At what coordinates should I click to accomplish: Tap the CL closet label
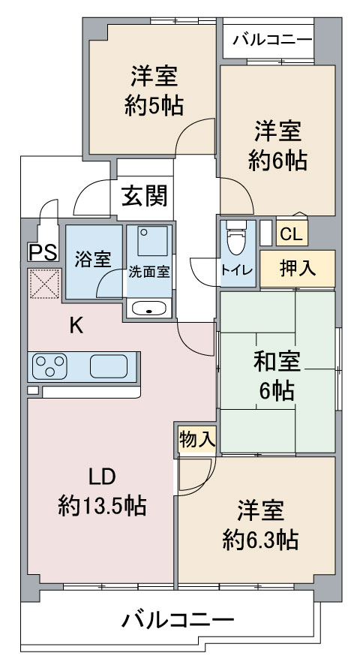[x=292, y=234]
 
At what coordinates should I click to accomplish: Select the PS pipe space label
[x=43, y=252]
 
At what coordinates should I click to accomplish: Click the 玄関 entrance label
[x=145, y=196]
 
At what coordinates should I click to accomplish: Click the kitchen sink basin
[x=109, y=366]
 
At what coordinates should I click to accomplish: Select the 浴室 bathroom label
[x=93, y=259]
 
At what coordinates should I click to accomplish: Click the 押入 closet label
[x=298, y=268]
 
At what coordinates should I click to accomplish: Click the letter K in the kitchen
[x=76, y=326]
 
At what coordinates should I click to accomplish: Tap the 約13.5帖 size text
[x=102, y=506]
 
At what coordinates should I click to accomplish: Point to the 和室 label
[x=277, y=362]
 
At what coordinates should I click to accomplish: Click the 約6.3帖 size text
[x=259, y=540]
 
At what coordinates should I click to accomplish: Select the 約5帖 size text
[x=154, y=106]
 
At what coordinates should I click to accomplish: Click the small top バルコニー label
[x=272, y=41]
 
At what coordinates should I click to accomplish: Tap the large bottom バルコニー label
[x=178, y=619]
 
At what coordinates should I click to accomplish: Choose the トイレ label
[x=237, y=269]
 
